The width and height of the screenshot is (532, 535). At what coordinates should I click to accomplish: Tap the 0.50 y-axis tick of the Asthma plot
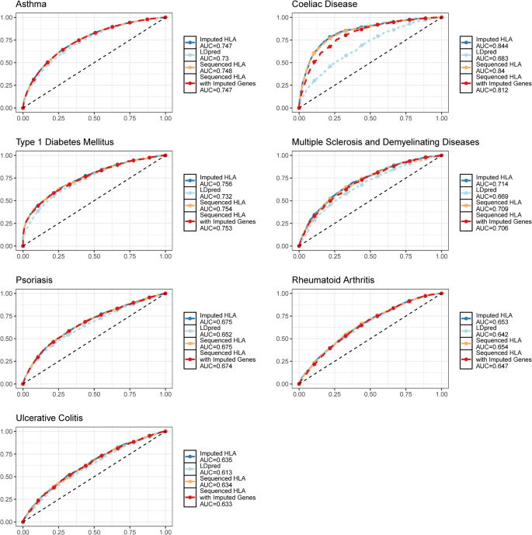click(x=9, y=62)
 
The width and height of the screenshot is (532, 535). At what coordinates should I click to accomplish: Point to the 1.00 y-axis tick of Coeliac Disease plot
click(x=284, y=17)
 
